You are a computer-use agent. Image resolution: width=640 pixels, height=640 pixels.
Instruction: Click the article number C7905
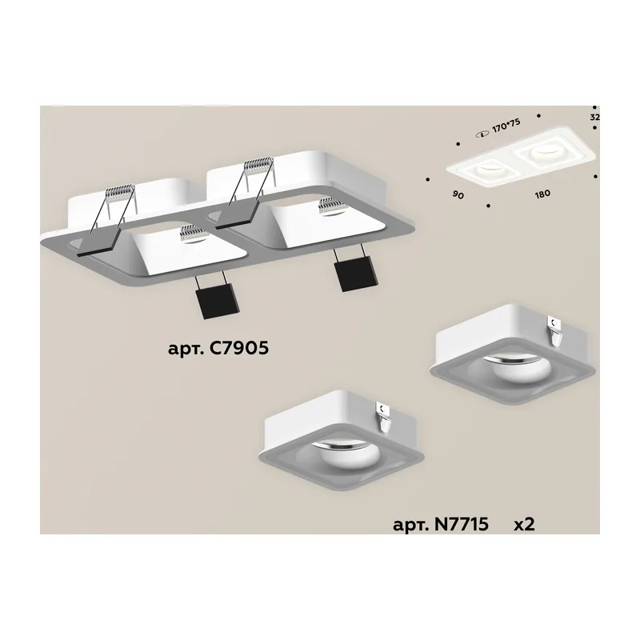tap(239, 348)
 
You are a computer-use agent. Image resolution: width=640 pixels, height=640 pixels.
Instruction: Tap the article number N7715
tap(461, 524)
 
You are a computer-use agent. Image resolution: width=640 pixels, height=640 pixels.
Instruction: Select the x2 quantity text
tap(524, 525)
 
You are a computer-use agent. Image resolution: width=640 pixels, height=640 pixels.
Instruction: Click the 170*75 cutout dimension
tap(506, 126)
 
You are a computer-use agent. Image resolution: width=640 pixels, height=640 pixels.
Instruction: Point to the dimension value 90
tap(458, 195)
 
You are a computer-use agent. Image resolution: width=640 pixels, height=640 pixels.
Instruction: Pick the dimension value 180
tap(542, 194)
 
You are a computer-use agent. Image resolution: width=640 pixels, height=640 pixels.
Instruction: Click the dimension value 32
tap(594, 117)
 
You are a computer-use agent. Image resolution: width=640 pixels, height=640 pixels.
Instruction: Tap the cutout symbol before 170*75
tap(483, 134)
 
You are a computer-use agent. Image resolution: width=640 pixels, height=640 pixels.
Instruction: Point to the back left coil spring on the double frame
tap(120, 190)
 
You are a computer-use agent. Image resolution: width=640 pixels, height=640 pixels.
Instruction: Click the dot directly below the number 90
tap(488, 206)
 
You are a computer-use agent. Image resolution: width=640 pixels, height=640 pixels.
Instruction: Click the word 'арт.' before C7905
tap(186, 350)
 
